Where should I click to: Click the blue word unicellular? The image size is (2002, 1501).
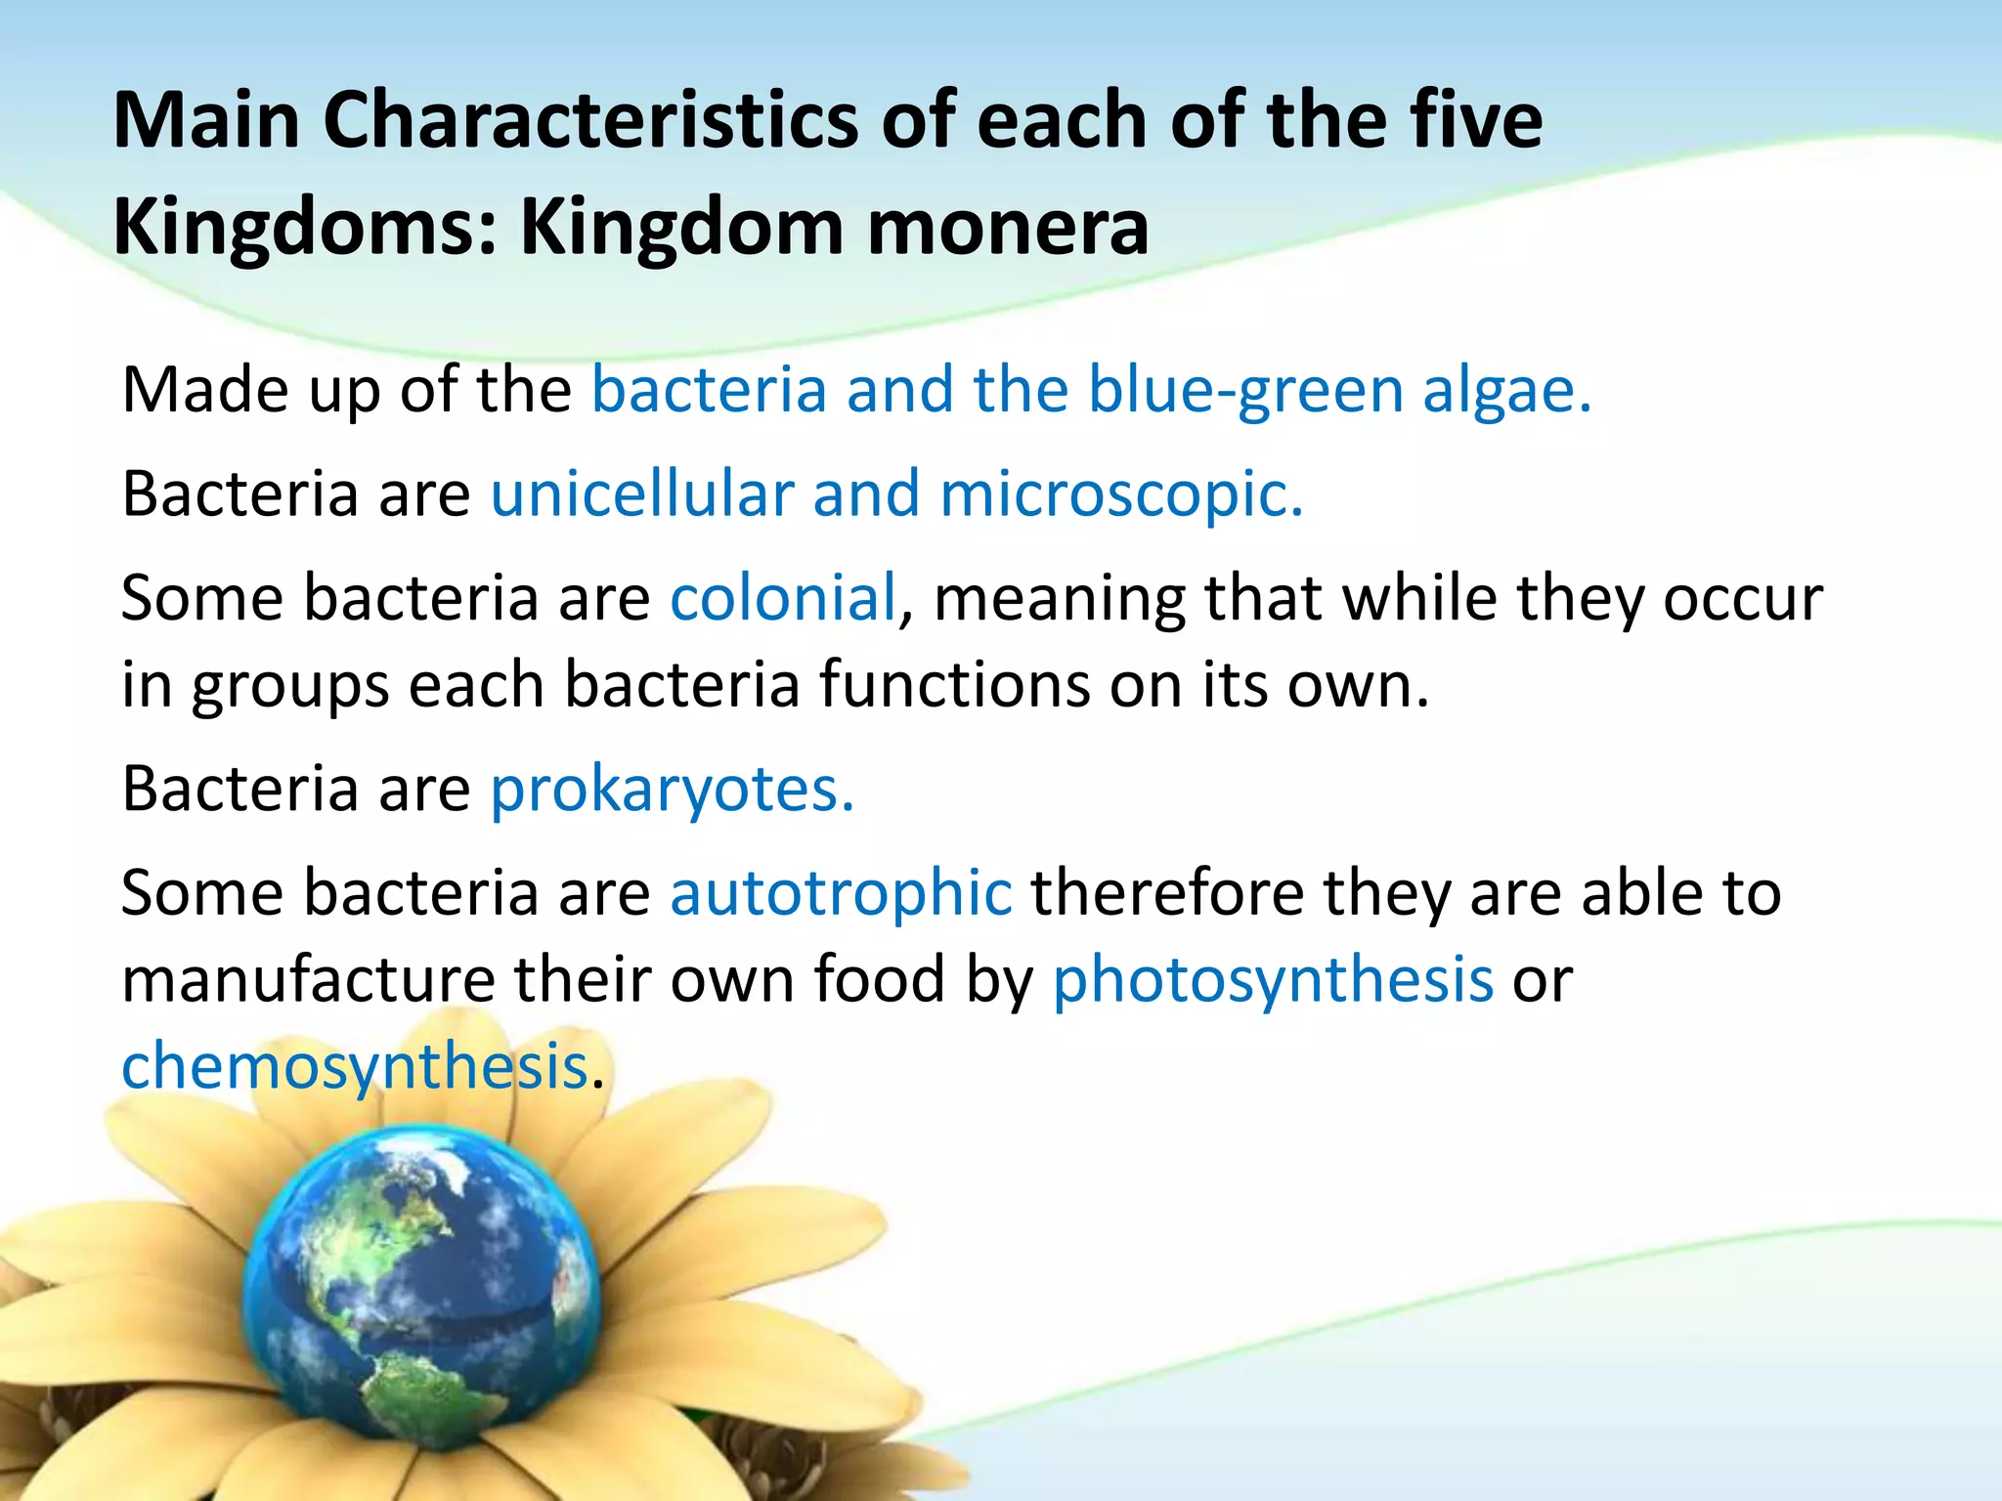(x=641, y=493)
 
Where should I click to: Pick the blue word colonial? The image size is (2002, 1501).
(x=783, y=597)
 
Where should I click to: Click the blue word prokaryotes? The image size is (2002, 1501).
(x=672, y=790)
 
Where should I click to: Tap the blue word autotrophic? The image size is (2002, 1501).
(x=841, y=893)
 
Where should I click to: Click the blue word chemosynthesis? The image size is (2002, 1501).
(x=354, y=1067)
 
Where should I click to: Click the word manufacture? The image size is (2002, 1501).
(x=309, y=980)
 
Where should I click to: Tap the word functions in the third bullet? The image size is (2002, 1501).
(x=953, y=684)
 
